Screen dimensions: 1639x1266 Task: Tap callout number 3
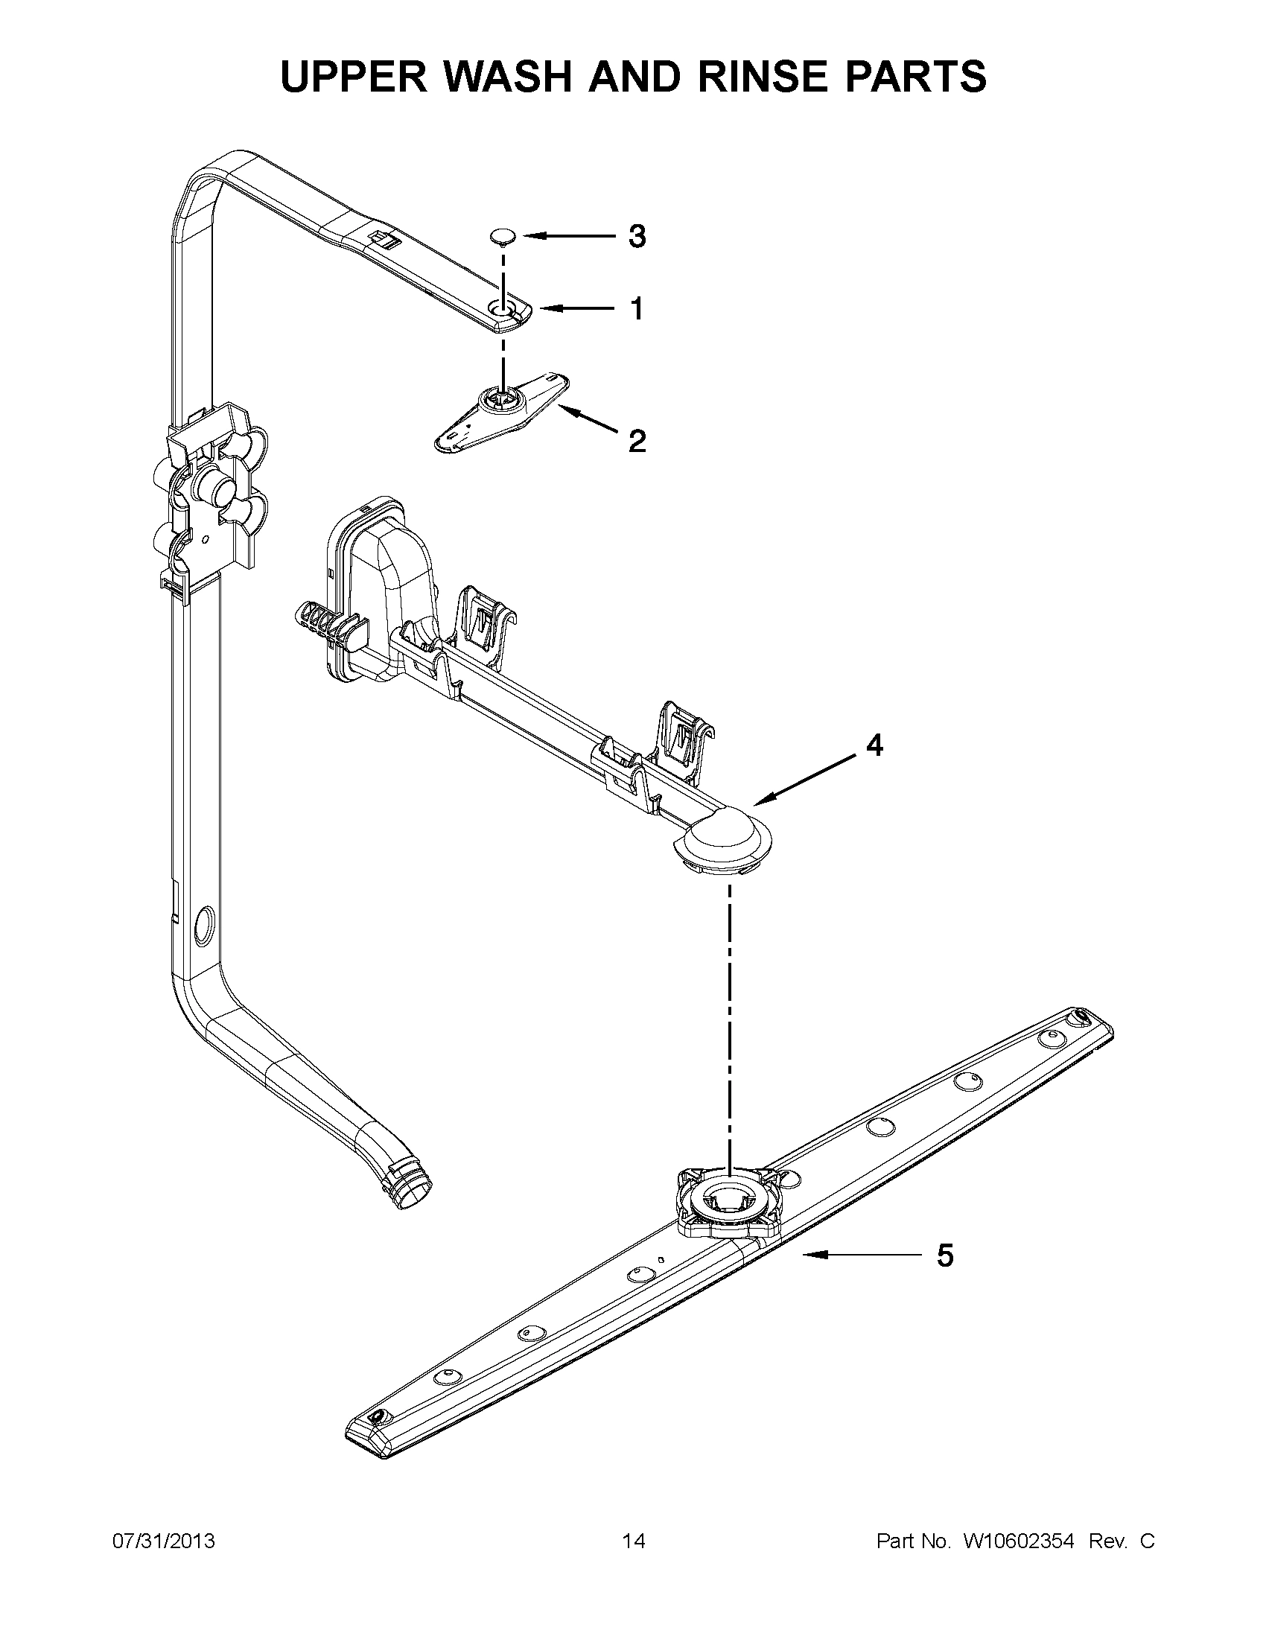click(637, 236)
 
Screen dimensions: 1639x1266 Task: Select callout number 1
click(637, 308)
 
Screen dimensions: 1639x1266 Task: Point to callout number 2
click(637, 441)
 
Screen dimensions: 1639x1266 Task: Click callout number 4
click(874, 745)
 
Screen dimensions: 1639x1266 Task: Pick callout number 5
click(945, 1255)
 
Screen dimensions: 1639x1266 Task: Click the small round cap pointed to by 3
click(500, 237)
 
